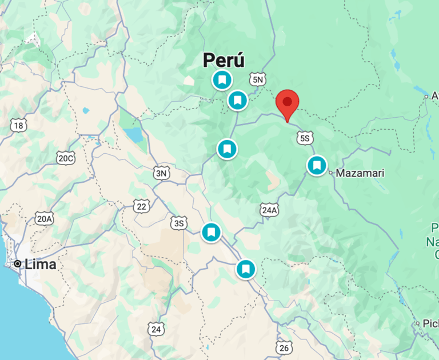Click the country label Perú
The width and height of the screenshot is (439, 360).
click(x=224, y=60)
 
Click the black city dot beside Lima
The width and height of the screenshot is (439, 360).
click(x=18, y=264)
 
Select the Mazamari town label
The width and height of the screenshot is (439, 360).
click(x=360, y=173)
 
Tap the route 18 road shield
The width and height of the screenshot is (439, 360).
click(x=19, y=125)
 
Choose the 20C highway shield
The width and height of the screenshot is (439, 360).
click(x=66, y=158)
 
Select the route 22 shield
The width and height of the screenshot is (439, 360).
click(x=141, y=206)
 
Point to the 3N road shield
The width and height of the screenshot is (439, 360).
click(x=162, y=173)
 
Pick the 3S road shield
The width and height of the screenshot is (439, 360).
click(x=179, y=222)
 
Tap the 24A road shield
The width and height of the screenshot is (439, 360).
click(x=269, y=210)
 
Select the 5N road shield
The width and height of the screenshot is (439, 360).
click(x=258, y=79)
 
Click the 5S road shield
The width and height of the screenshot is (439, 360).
click(x=305, y=138)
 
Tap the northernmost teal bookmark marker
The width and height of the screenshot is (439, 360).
click(x=222, y=79)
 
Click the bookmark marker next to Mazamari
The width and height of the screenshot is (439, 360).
click(x=317, y=165)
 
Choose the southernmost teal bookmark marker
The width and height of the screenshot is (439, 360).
click(x=246, y=269)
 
